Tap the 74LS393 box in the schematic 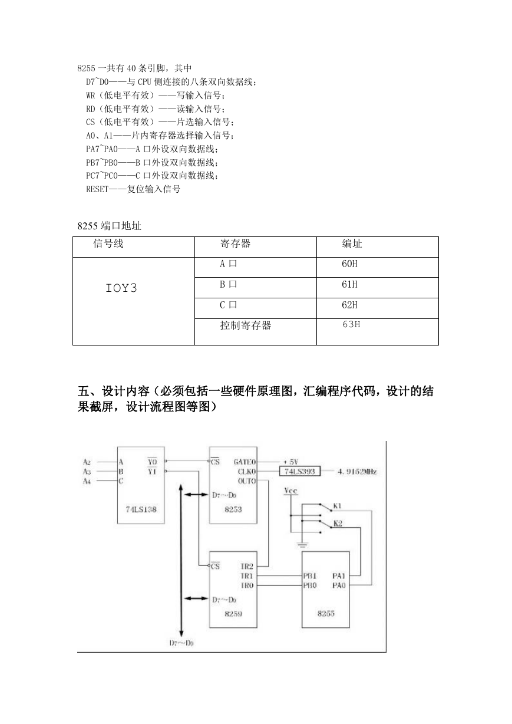pos(300,471)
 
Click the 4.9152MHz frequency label pos(357,472)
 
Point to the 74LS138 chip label pos(141,509)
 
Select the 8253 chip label pos(233,509)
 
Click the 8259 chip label pos(233,614)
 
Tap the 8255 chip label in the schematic pos(326,614)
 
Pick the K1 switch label pos(337,506)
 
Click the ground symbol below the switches pos(302,545)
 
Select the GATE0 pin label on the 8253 pos(245,462)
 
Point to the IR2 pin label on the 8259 pos(247,566)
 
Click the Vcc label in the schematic pos(290,491)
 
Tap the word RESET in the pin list pos(97,189)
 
